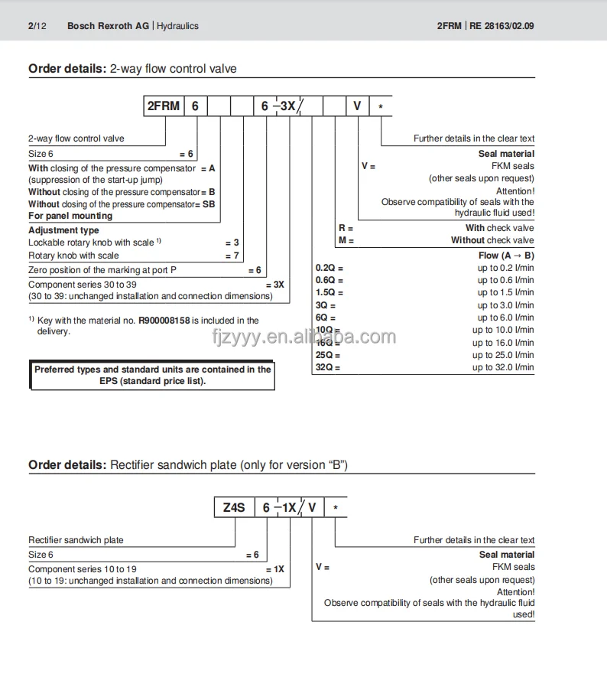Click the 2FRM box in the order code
(163, 106)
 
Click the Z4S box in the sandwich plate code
(233, 506)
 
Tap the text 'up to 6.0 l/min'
(505, 317)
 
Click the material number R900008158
(164, 321)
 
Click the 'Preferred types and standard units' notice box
(152, 375)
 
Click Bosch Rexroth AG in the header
(108, 26)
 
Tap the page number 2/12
(37, 26)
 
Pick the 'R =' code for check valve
(346, 228)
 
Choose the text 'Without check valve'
(492, 240)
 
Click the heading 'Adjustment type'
(63, 230)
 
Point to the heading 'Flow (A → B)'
(506, 256)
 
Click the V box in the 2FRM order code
(357, 106)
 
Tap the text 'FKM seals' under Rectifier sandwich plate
(513, 567)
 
